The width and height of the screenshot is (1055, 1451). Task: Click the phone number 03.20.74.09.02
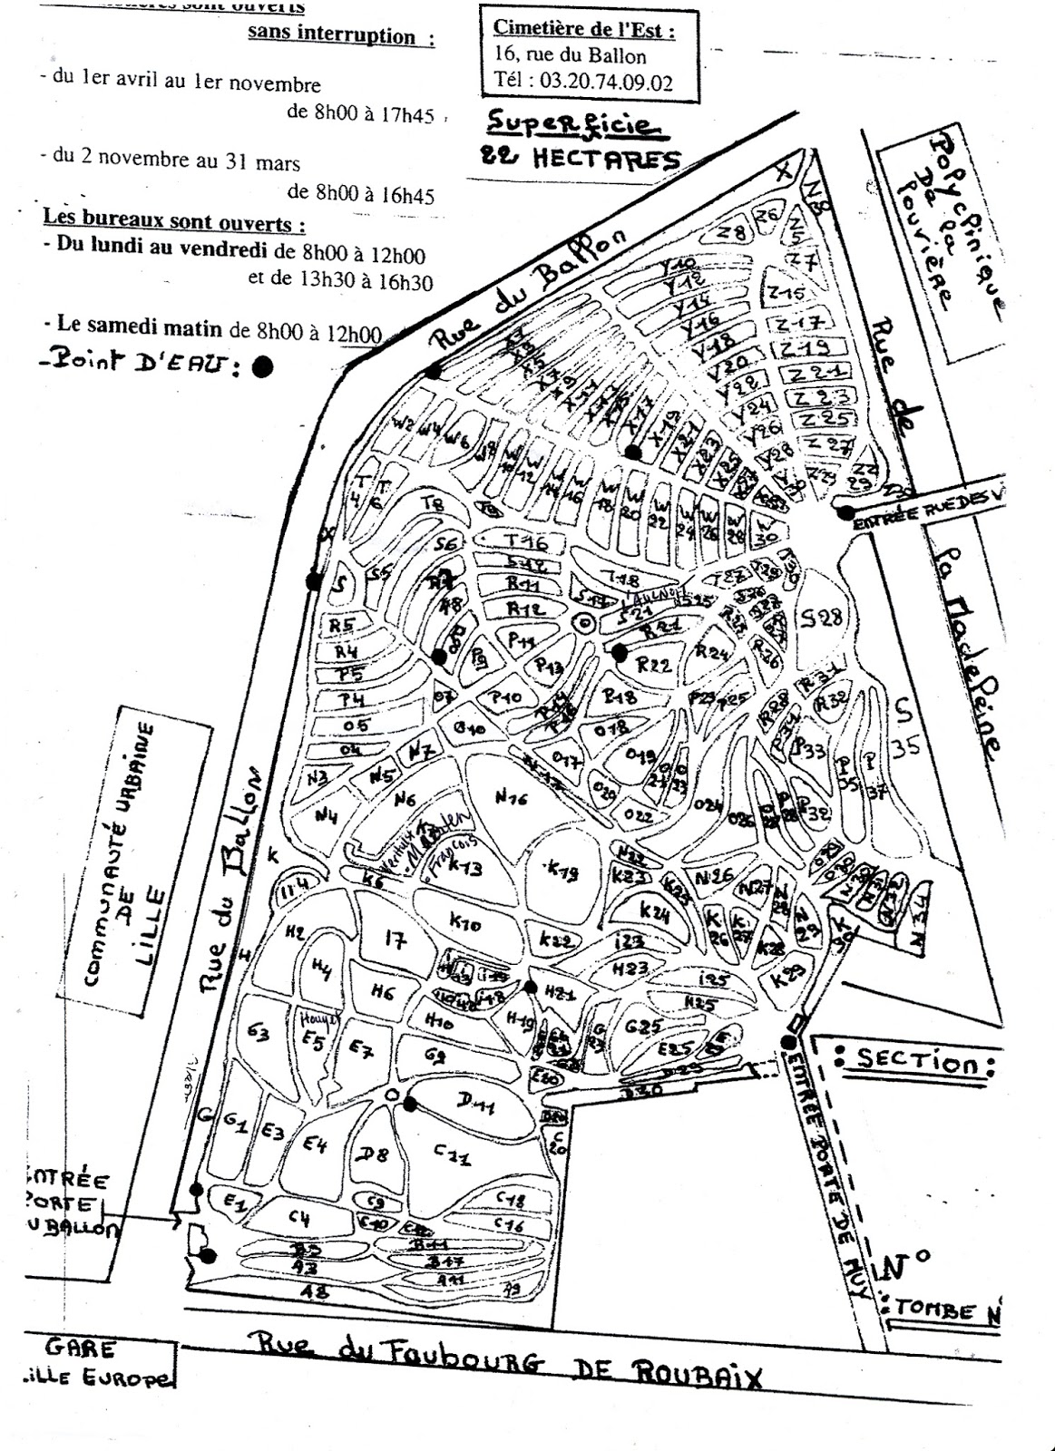pos(607,81)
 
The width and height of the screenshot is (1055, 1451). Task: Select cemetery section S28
pos(824,618)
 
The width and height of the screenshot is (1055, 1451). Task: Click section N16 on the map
pos(512,797)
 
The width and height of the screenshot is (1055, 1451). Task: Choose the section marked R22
pos(654,665)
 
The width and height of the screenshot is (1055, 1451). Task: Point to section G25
pos(641,1027)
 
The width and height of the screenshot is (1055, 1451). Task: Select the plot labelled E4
pos(315,1145)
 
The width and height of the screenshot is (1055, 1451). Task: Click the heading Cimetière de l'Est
pos(584,30)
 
